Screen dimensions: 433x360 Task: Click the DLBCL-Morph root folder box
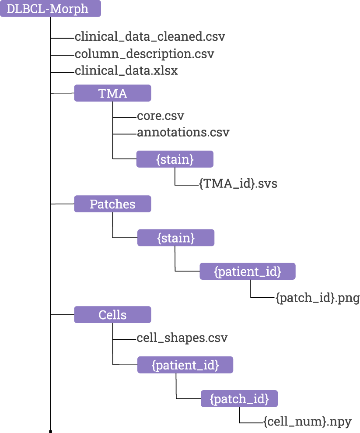(x=50, y=9)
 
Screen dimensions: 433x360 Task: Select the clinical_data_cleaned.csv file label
(x=150, y=37)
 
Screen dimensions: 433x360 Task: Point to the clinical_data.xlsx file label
(x=126, y=70)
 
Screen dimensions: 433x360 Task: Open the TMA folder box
(x=112, y=93)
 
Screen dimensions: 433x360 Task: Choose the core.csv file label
(x=161, y=116)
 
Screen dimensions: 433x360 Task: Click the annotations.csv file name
(x=183, y=132)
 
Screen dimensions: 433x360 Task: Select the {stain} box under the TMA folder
(x=175, y=159)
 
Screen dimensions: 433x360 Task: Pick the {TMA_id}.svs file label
(x=238, y=184)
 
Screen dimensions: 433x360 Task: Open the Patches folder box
(x=112, y=204)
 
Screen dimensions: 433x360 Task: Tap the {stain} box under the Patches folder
(x=175, y=238)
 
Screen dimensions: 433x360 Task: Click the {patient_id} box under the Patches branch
(x=248, y=271)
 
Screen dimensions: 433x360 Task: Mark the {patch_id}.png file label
(x=318, y=299)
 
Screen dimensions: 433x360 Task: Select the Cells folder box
(x=112, y=315)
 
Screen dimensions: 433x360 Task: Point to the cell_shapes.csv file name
(x=182, y=338)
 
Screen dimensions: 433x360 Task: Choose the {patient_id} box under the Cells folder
(x=185, y=365)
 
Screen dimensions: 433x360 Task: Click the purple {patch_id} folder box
(x=239, y=399)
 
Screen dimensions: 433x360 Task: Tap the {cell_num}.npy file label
(x=308, y=422)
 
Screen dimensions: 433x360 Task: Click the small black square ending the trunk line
(x=51, y=431)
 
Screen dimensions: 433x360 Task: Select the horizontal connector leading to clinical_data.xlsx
(x=63, y=71)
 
